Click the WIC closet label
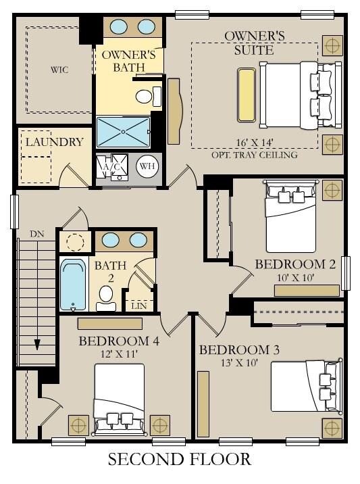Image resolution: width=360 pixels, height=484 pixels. (59, 70)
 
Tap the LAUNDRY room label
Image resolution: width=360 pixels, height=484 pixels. (54, 142)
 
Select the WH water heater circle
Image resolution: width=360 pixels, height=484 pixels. (147, 166)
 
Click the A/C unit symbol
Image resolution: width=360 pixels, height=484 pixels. (111, 167)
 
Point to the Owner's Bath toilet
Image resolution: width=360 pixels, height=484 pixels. (148, 96)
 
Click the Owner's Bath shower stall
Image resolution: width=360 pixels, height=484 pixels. (123, 132)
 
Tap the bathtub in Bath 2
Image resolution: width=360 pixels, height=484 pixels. (73, 285)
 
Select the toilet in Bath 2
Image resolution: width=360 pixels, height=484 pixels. (106, 298)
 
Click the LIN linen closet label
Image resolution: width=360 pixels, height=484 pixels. (138, 306)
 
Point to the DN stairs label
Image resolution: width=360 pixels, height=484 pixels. (37, 234)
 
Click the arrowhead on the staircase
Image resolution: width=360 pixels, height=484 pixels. (37, 345)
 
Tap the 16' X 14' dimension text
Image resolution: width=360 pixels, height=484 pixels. (255, 143)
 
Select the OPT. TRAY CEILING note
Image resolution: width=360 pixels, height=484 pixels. (255, 155)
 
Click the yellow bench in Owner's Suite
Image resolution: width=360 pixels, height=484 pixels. (247, 95)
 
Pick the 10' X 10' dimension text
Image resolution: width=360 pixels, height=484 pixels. (295, 278)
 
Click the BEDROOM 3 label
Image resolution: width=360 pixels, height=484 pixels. (239, 350)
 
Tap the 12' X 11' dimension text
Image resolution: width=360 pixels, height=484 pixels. (119, 354)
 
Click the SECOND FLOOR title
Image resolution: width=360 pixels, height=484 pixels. (180, 459)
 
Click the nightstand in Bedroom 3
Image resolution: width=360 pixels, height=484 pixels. (332, 428)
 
